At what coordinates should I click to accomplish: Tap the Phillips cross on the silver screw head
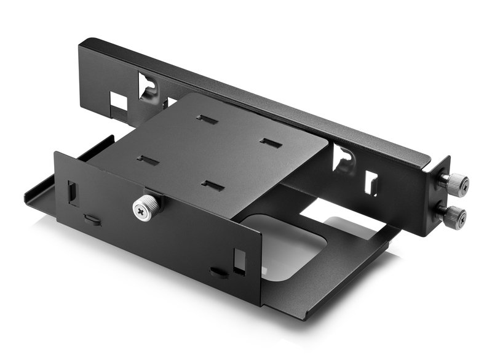[143, 210]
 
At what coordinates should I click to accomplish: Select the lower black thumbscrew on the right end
[454, 215]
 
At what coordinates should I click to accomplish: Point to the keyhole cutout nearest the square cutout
[148, 86]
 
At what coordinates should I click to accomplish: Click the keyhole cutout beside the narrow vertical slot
[343, 159]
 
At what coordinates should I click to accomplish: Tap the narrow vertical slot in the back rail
[372, 183]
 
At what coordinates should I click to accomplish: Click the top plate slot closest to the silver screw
[148, 161]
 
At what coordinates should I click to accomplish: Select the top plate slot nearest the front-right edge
[212, 185]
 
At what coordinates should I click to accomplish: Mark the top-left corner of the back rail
[82, 43]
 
